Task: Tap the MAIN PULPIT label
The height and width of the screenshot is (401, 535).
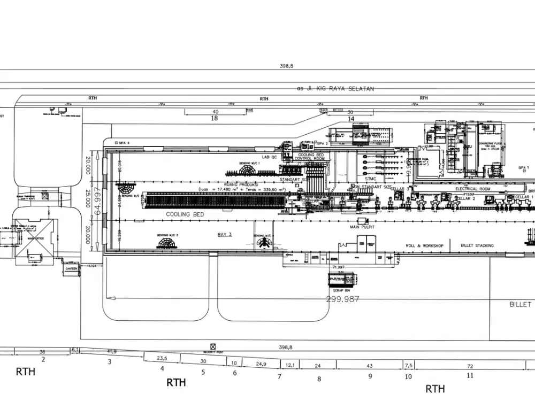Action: click(x=362, y=227)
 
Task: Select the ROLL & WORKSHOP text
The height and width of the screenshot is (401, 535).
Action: click(x=424, y=245)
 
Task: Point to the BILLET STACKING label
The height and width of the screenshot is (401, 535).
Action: click(x=477, y=245)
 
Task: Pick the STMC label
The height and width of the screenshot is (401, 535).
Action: click(x=371, y=179)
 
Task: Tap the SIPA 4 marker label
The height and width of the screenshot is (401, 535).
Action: click(x=123, y=143)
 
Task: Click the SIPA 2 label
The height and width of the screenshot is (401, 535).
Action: click(x=322, y=144)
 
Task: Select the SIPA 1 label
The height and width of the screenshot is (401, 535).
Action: click(x=523, y=168)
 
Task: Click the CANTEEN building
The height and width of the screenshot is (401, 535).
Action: click(x=71, y=268)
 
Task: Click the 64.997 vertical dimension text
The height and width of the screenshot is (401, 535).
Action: click(x=98, y=201)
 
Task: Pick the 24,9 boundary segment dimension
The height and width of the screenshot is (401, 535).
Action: click(x=261, y=364)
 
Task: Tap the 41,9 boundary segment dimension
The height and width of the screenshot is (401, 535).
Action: click(x=112, y=351)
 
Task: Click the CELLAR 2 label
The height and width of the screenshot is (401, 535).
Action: click(x=466, y=198)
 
